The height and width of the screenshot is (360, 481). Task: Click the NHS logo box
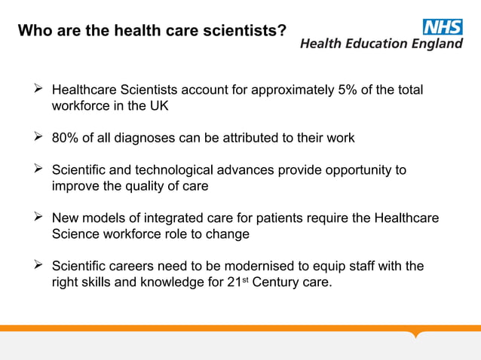click(443, 27)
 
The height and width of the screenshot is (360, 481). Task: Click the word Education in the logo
click(369, 44)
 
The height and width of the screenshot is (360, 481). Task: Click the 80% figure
click(65, 139)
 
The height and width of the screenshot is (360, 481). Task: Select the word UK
click(158, 106)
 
